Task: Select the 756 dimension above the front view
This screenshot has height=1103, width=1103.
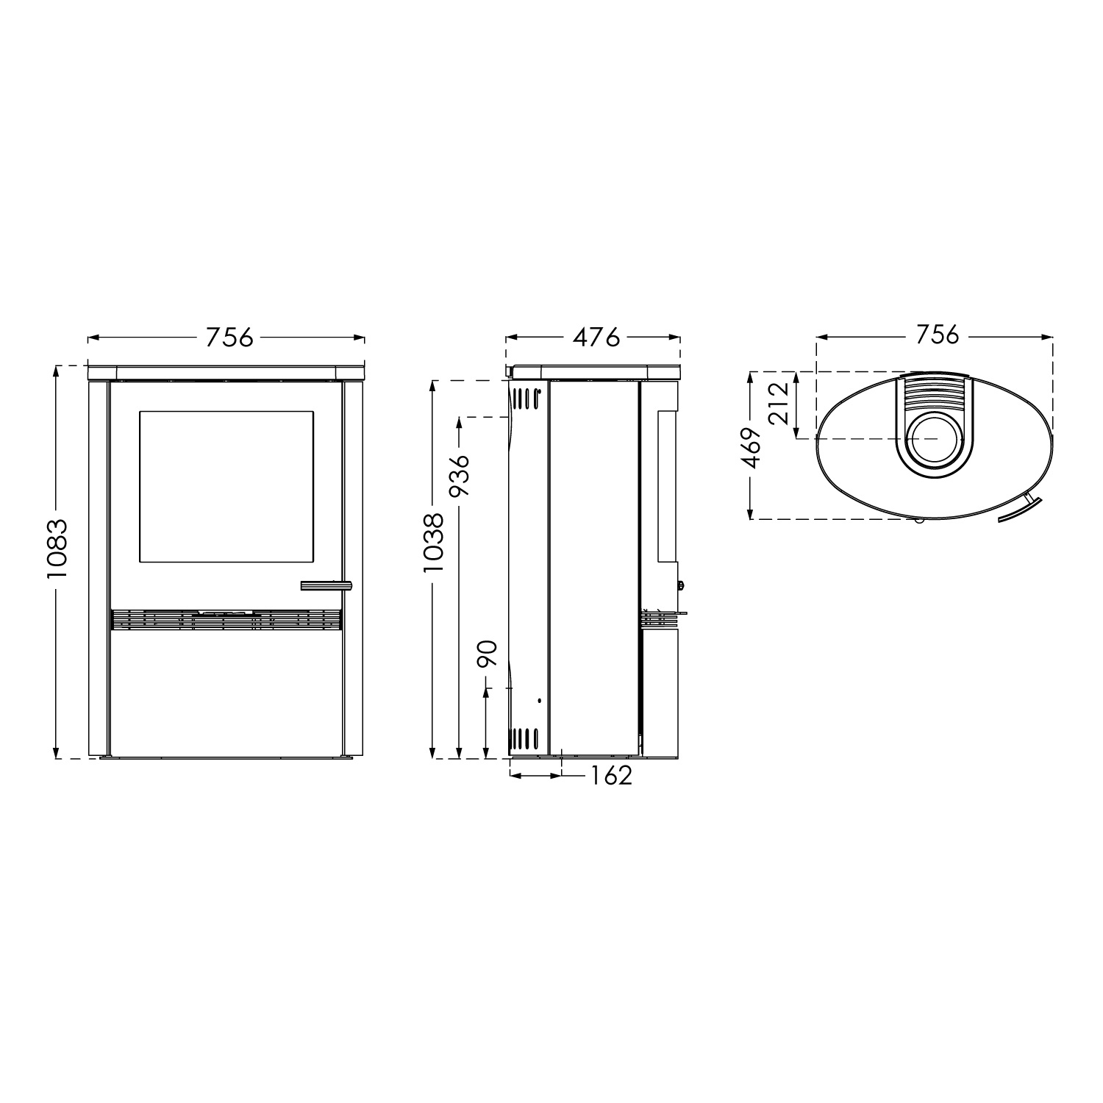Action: [x=229, y=338]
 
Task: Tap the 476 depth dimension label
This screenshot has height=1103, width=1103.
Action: [x=596, y=338]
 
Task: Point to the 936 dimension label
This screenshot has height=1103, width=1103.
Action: [x=460, y=476]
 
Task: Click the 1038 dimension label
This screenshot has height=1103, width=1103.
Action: [x=432, y=542]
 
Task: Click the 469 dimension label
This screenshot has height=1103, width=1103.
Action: [x=752, y=448]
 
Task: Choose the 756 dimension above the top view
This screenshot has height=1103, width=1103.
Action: [x=938, y=335]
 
